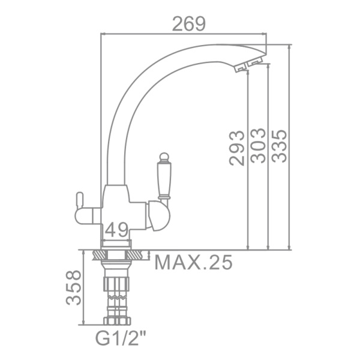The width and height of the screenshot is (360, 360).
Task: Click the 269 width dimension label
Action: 189,23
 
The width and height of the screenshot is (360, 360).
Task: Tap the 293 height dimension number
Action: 236,148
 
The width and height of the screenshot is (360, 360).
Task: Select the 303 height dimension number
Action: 257,146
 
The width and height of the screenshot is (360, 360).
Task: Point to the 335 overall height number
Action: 279,146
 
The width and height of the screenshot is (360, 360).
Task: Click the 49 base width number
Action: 116,230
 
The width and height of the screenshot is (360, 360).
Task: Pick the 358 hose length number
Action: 73,288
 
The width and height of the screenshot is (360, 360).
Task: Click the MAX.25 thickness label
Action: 193,262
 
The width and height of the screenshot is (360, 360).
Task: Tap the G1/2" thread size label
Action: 121,339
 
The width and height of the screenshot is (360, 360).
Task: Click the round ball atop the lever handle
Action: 164,157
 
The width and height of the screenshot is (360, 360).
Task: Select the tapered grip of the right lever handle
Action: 164,179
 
